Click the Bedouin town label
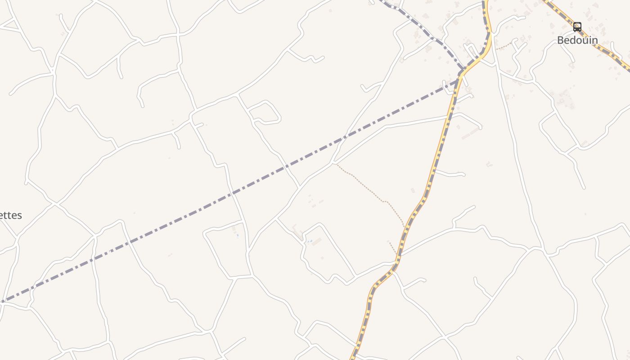pos(577,40)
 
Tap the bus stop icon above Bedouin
pos(577,27)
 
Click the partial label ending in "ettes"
pos(10,216)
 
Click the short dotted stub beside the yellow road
pos(393,247)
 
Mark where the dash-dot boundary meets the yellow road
pos(459,80)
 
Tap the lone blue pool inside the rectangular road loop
pos(238,235)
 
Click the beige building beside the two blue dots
pos(317,242)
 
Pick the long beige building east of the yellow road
pos(470,133)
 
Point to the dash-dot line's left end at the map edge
pos(1,302)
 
